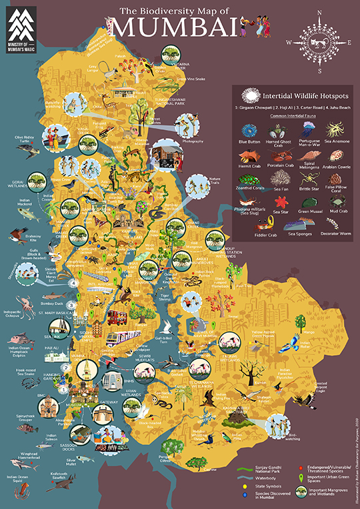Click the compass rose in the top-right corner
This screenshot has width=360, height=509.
click(x=320, y=41)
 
